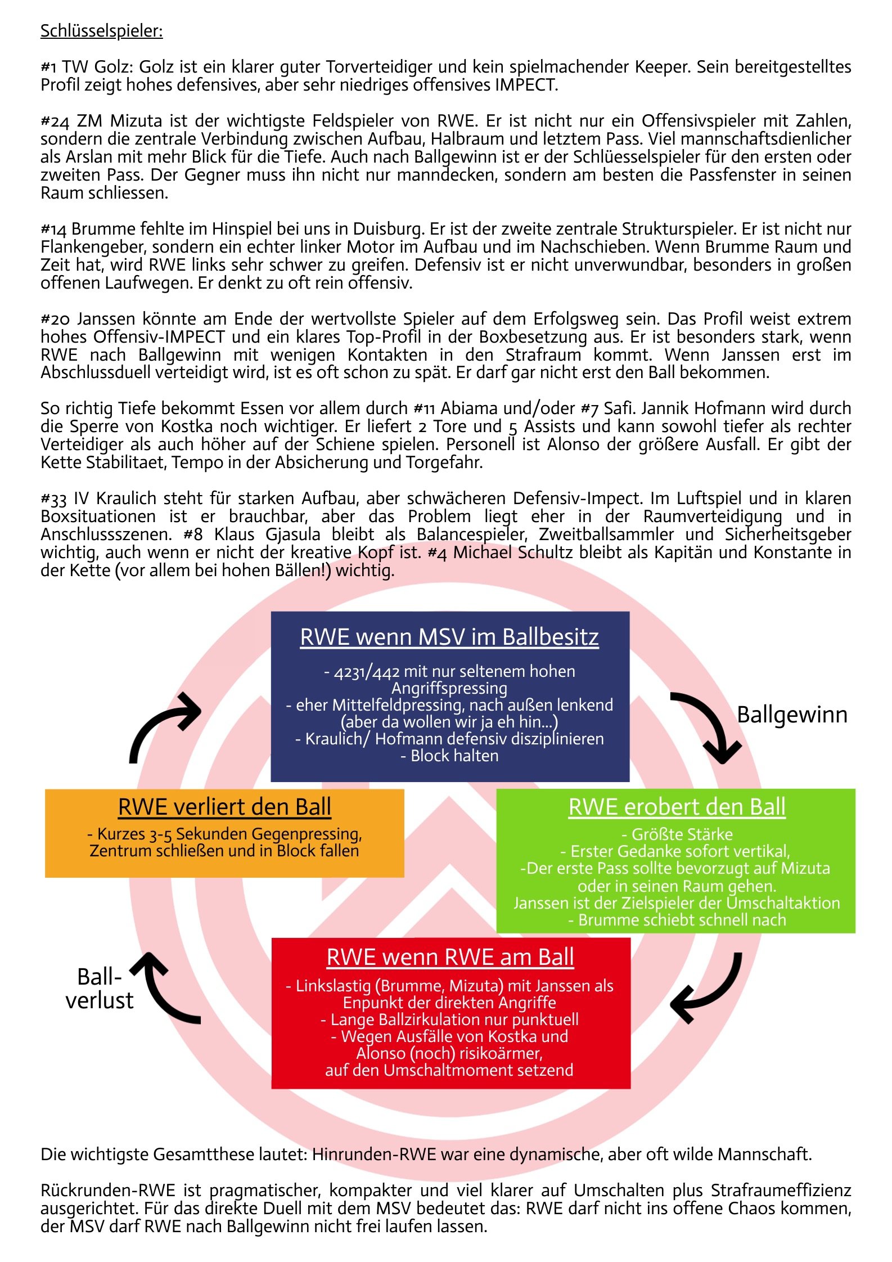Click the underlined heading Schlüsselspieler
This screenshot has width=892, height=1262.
(x=101, y=31)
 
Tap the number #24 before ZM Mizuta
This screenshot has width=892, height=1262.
(x=54, y=122)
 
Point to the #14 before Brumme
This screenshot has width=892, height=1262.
(x=53, y=230)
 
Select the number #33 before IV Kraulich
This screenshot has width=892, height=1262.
(x=53, y=499)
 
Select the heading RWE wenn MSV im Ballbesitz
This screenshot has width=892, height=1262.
(x=449, y=637)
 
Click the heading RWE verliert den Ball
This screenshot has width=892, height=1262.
(x=224, y=807)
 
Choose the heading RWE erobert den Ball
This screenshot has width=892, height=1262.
(x=677, y=807)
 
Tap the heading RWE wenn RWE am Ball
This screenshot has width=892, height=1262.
(x=450, y=958)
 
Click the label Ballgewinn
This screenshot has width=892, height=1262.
(x=792, y=715)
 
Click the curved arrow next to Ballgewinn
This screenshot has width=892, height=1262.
(x=709, y=726)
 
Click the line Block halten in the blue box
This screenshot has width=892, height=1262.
(x=454, y=756)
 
